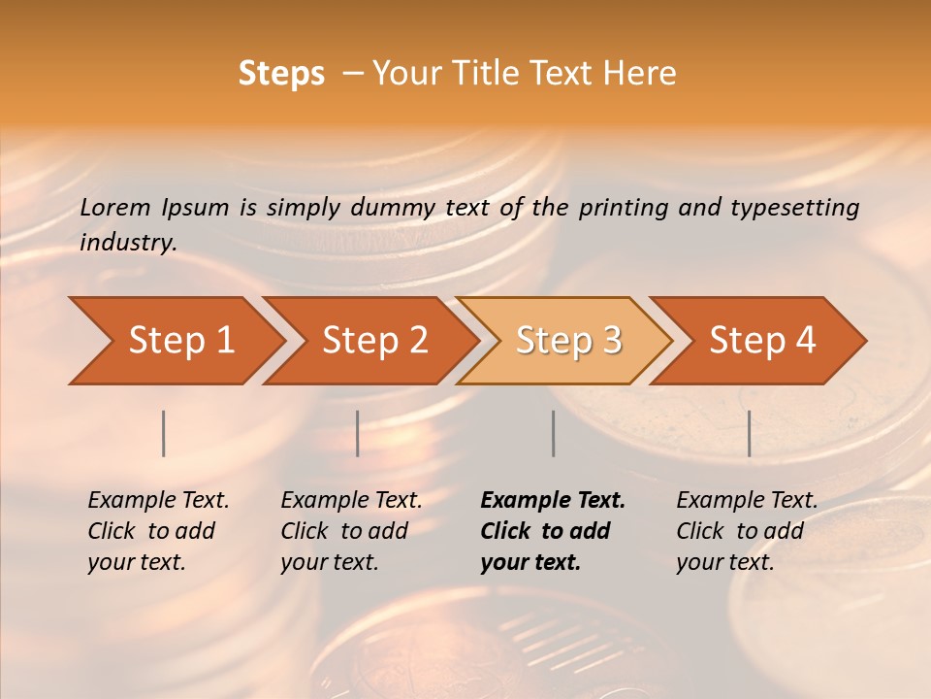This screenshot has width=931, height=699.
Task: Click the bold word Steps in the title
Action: coord(281,74)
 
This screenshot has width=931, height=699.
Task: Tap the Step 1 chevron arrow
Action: coord(175,341)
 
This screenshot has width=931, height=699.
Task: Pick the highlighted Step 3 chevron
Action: coord(565,341)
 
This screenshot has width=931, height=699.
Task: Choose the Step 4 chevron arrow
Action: coord(759,341)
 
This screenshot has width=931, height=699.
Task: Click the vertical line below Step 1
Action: coord(164,433)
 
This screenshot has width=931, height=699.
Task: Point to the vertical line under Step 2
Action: coord(358,433)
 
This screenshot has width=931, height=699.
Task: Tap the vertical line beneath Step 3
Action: coord(553,433)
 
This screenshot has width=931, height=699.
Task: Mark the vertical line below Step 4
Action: coord(749,433)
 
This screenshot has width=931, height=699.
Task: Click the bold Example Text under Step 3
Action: coord(553,501)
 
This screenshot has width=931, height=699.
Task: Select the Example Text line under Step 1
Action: coord(158,501)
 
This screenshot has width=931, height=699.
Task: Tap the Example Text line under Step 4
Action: coord(747,501)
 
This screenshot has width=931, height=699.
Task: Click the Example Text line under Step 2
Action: coord(351,501)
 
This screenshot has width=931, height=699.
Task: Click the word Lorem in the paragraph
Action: coord(115,208)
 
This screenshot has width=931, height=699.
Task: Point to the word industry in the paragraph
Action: coord(127,243)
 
